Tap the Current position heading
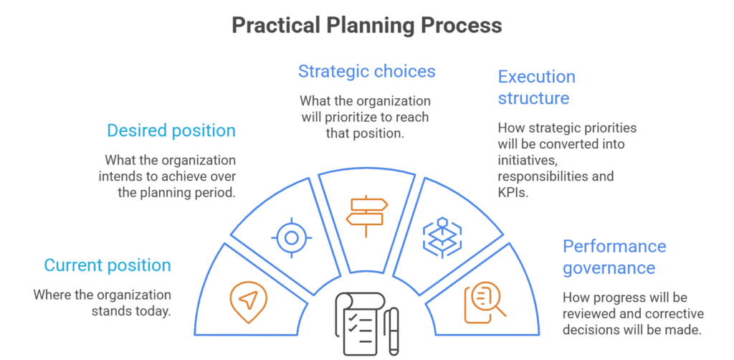pyautogui.click(x=108, y=265)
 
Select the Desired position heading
pyautogui.click(x=171, y=131)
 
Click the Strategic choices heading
pyautogui.click(x=366, y=71)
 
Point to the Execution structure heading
pyautogui.click(x=536, y=87)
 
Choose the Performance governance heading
pyautogui.click(x=614, y=257)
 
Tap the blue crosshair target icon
pyautogui.click(x=291, y=238)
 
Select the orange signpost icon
pyautogui.click(x=366, y=216)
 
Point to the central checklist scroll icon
pyautogui.click(x=358, y=323)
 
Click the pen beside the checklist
pyautogui.click(x=394, y=331)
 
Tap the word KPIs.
pyautogui.click(x=513, y=192)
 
